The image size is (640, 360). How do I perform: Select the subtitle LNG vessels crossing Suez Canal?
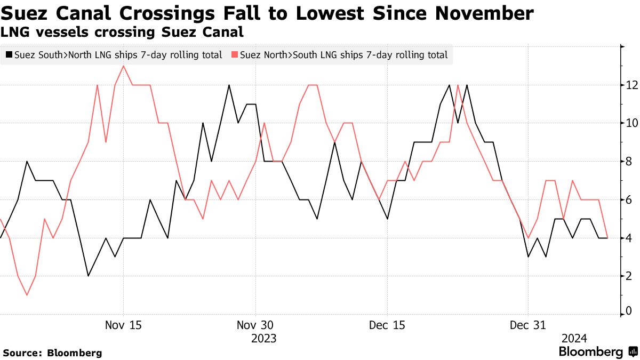tap(122, 32)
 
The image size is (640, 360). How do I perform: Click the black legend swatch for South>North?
tap(9, 54)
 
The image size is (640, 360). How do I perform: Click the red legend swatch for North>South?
tap(235, 54)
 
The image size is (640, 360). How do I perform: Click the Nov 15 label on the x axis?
tap(123, 325)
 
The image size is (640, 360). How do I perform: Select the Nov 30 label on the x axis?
tap(255, 325)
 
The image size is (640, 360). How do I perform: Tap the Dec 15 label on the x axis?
tap(387, 325)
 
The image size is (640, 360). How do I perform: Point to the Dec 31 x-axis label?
tap(527, 325)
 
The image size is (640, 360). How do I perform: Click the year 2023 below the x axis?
tap(263, 339)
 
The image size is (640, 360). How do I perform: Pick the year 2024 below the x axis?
tap(574, 339)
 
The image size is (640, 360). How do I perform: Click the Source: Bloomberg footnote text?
tap(52, 353)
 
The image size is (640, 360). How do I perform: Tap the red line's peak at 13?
tap(124, 66)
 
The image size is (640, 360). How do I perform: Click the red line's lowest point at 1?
tap(27, 295)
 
